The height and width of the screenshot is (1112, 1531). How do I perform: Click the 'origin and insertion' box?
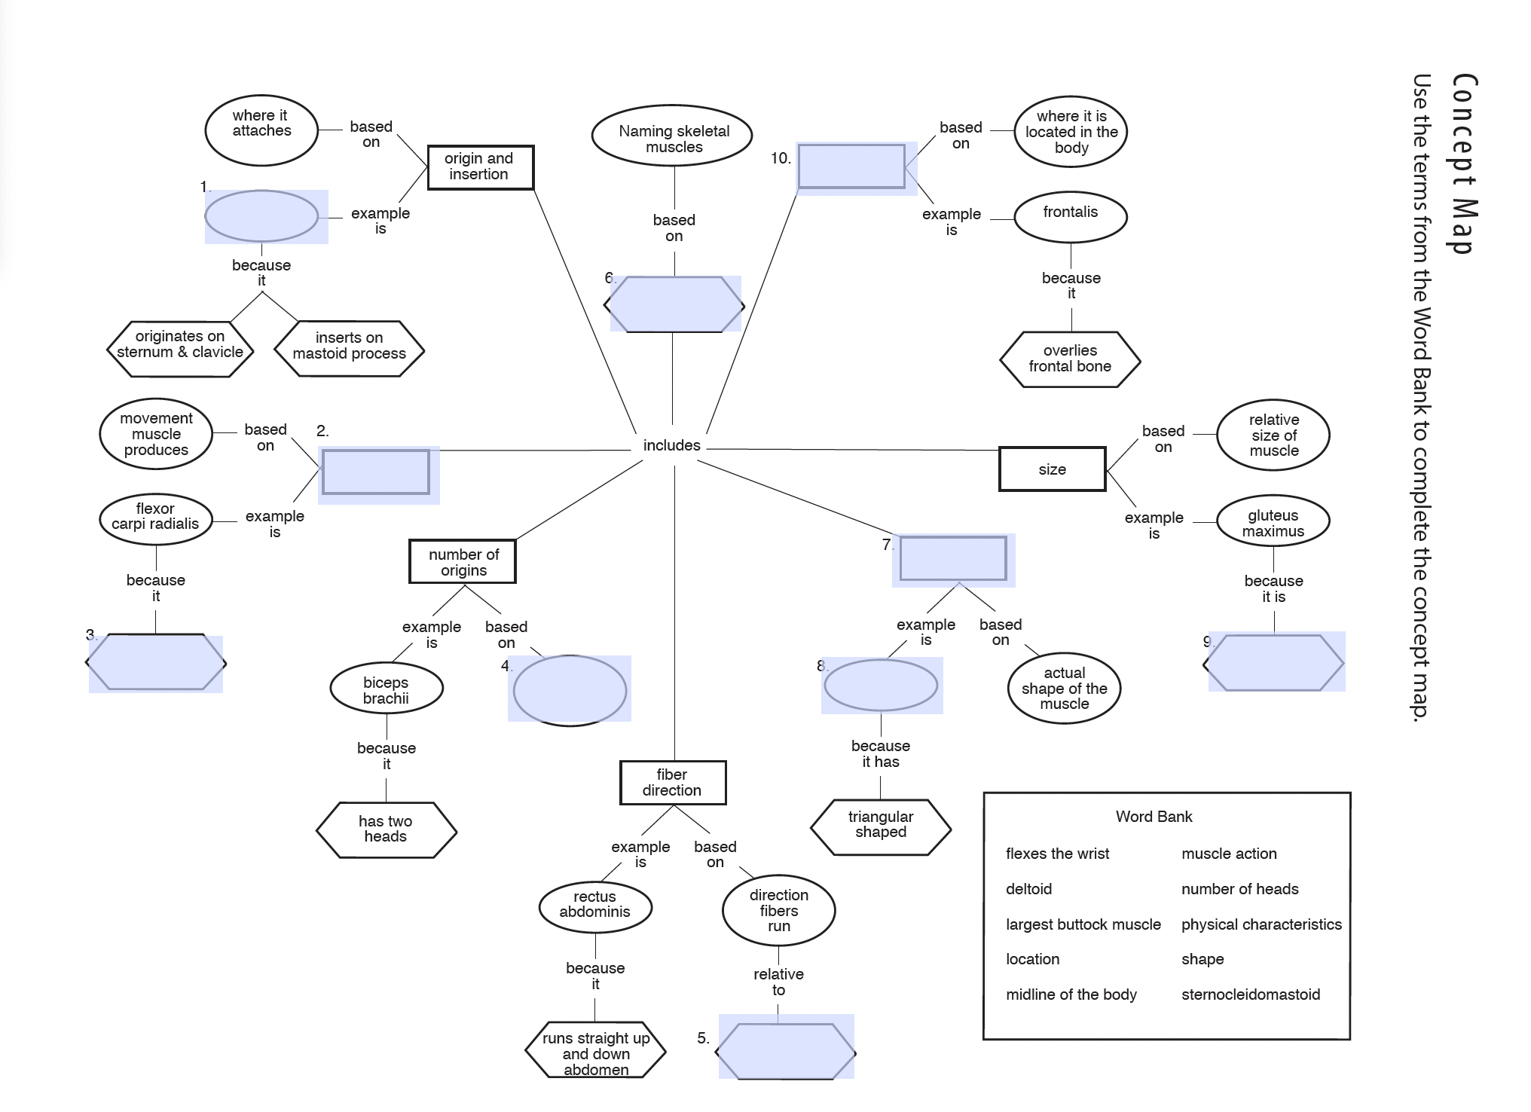[480, 167]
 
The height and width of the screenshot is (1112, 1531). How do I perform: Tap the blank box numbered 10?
[851, 166]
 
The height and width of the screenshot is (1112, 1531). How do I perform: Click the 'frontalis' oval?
[1070, 216]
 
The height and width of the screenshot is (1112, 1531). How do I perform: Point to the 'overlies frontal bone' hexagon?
[1070, 359]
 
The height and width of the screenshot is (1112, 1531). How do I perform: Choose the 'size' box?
[1052, 469]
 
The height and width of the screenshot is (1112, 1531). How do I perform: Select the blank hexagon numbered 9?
[1275, 663]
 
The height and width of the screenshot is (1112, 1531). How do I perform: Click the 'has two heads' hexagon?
[386, 829]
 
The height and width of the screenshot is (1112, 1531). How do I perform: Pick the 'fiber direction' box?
[672, 783]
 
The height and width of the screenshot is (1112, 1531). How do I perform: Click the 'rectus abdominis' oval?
[594, 905]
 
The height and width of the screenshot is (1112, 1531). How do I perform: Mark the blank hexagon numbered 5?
[785, 1051]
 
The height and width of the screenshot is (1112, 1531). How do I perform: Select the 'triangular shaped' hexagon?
[880, 826]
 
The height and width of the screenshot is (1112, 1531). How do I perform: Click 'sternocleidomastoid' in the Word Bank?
[1250, 994]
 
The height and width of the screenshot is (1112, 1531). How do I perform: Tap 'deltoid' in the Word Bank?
[1028, 889]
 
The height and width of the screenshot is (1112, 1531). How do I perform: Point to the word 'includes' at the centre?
[671, 445]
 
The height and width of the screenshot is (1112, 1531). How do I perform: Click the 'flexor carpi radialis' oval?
[155, 517]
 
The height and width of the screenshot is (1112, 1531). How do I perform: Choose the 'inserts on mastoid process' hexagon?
[349, 347]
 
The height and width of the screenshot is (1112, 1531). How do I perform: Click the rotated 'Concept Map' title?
[1462, 163]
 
